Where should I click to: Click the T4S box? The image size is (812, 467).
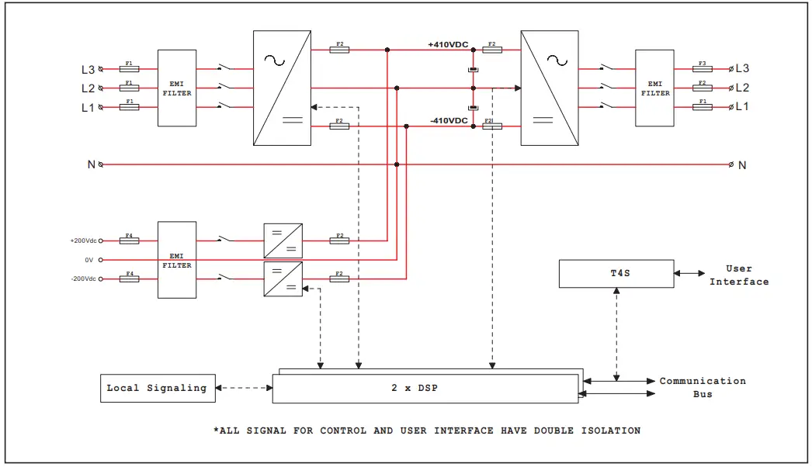(616, 274)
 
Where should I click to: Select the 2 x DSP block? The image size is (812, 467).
(425, 387)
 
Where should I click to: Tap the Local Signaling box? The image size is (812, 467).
(157, 388)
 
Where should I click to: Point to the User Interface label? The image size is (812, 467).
(738, 275)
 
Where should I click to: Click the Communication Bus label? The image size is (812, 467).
(703, 387)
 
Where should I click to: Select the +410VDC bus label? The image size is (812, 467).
(448, 44)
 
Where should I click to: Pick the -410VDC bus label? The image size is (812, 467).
(448, 120)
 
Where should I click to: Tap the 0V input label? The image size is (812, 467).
(89, 260)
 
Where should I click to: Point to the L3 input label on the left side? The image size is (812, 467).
(88, 69)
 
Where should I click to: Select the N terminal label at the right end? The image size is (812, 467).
(742, 164)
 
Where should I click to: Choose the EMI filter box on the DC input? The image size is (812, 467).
(177, 260)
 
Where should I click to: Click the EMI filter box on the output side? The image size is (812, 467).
(654, 88)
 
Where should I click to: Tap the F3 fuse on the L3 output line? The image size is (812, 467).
(702, 69)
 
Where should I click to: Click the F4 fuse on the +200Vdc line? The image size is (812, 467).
(129, 241)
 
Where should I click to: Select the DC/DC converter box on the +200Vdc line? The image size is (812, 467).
(283, 240)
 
